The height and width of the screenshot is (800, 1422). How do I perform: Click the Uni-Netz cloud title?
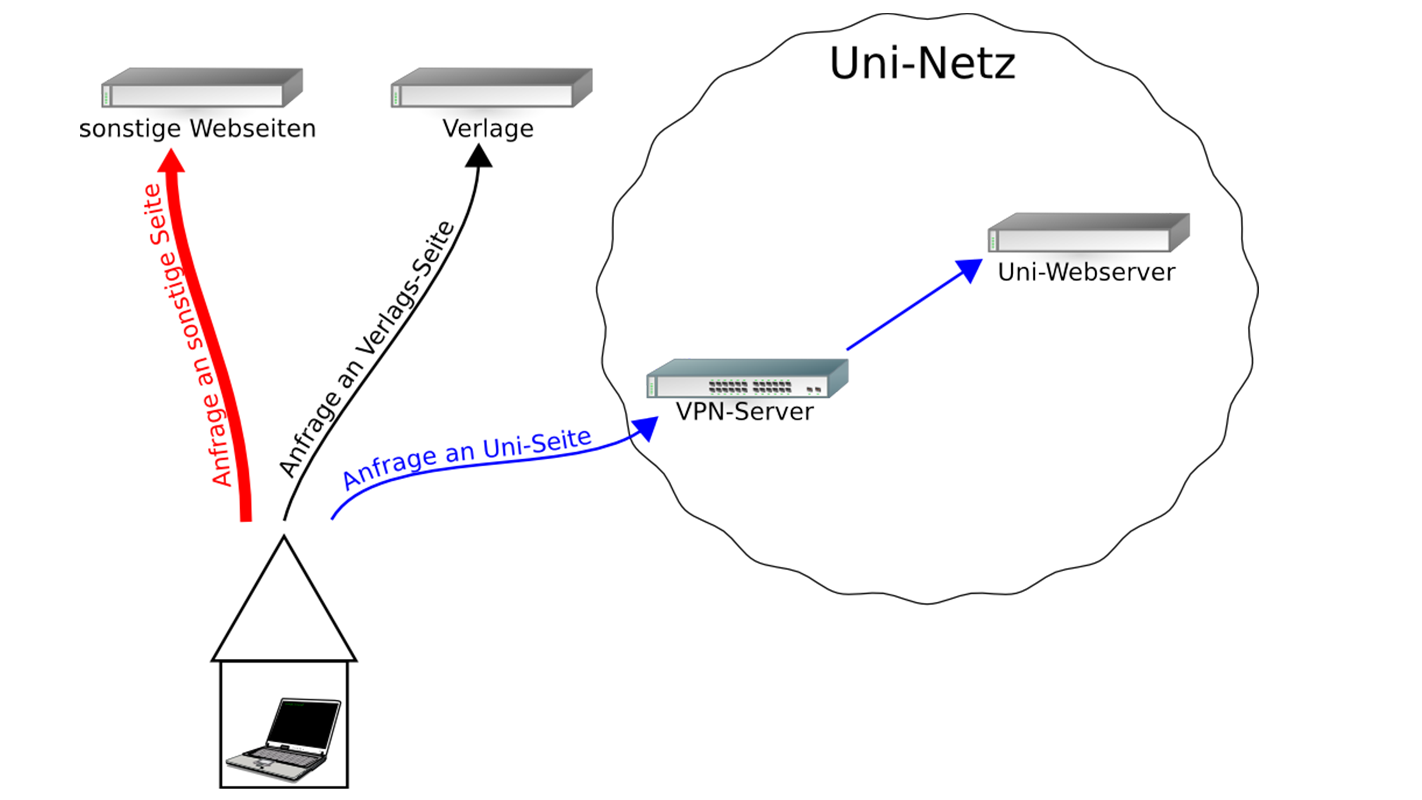(x=922, y=64)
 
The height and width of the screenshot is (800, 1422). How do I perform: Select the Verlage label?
(x=488, y=129)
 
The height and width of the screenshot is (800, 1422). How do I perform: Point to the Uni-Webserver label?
(x=1086, y=272)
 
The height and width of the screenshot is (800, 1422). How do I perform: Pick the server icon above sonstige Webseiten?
(x=201, y=88)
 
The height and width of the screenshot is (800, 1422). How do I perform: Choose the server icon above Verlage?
(x=491, y=88)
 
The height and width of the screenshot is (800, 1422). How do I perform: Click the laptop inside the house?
(x=284, y=740)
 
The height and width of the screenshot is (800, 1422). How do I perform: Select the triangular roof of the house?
(x=284, y=613)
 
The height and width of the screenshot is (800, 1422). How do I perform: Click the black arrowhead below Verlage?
(x=479, y=156)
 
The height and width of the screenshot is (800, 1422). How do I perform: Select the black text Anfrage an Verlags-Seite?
(x=367, y=348)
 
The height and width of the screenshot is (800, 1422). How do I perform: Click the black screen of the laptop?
(x=304, y=723)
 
